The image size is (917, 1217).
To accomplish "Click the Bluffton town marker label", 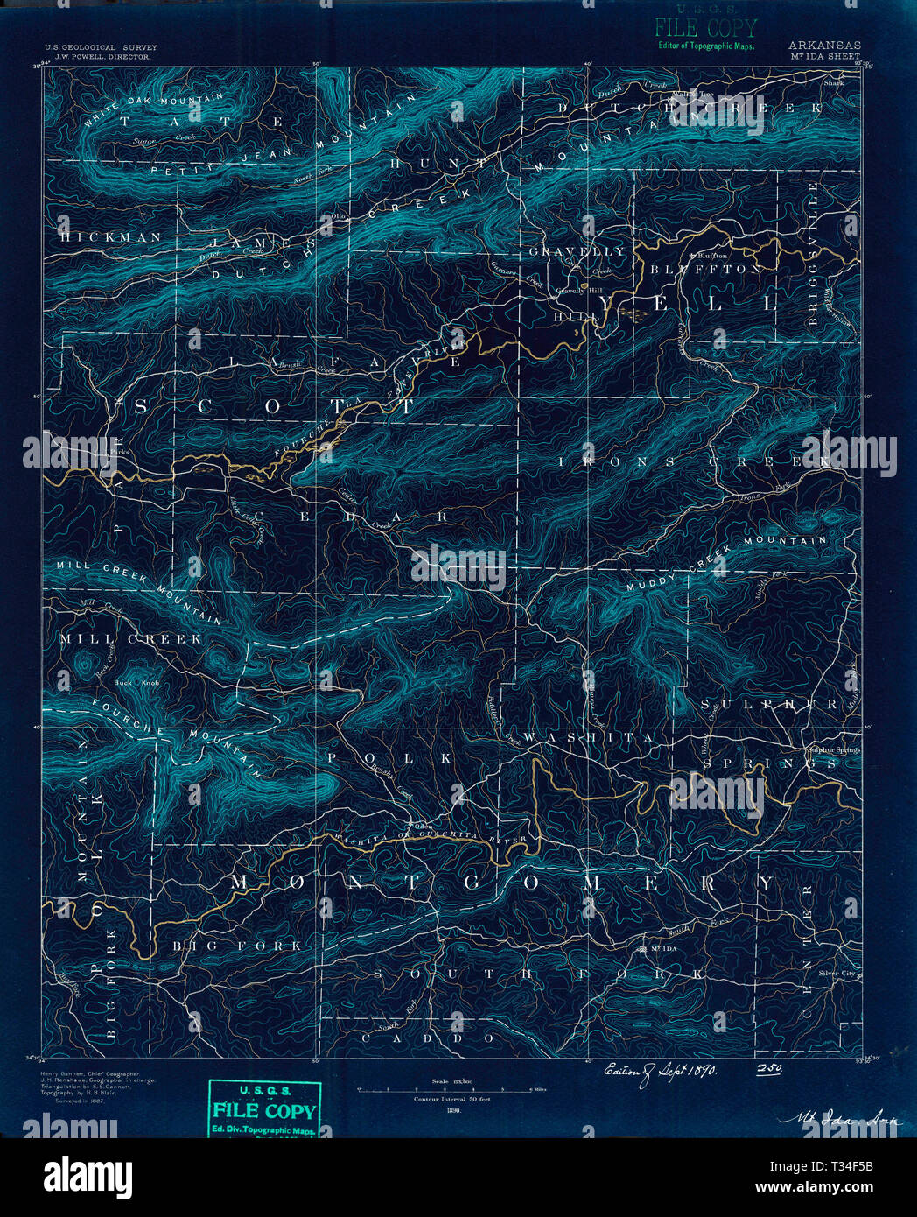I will click(712, 255).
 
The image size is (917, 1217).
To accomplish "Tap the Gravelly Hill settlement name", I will click(573, 290).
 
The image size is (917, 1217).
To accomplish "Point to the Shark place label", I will click(833, 83).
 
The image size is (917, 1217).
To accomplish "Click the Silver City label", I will click(836, 973).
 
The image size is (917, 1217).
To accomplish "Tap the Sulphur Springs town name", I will click(833, 749).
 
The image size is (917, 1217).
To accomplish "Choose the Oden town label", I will click(423, 826).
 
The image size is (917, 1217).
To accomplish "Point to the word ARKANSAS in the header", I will click(823, 46).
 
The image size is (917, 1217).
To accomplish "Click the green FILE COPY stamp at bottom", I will click(264, 1111).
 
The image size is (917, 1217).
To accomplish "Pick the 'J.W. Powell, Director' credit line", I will click(97, 56).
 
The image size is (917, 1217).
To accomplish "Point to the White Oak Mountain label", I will click(153, 109).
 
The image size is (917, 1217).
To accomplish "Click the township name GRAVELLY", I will click(577, 251).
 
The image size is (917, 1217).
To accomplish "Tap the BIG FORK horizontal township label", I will click(236, 946).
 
